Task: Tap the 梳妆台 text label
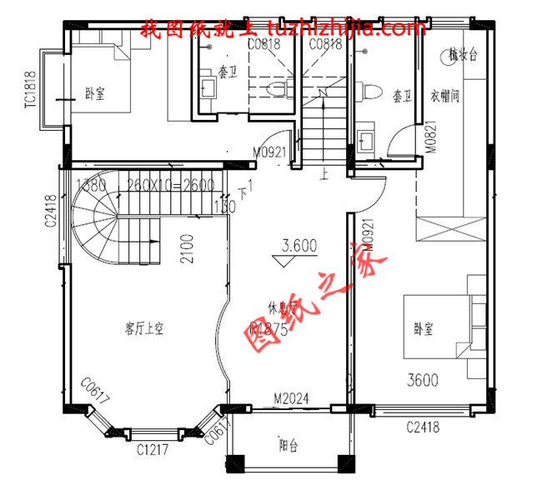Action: (462, 56)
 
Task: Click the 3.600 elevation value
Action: (299, 246)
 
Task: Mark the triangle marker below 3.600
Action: (286, 260)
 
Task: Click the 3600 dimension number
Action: (423, 381)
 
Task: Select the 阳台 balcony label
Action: (290, 446)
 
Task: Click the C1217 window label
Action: (152, 450)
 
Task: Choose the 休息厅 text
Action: (283, 307)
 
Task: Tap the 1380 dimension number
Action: (92, 185)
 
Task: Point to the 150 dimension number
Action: (223, 206)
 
